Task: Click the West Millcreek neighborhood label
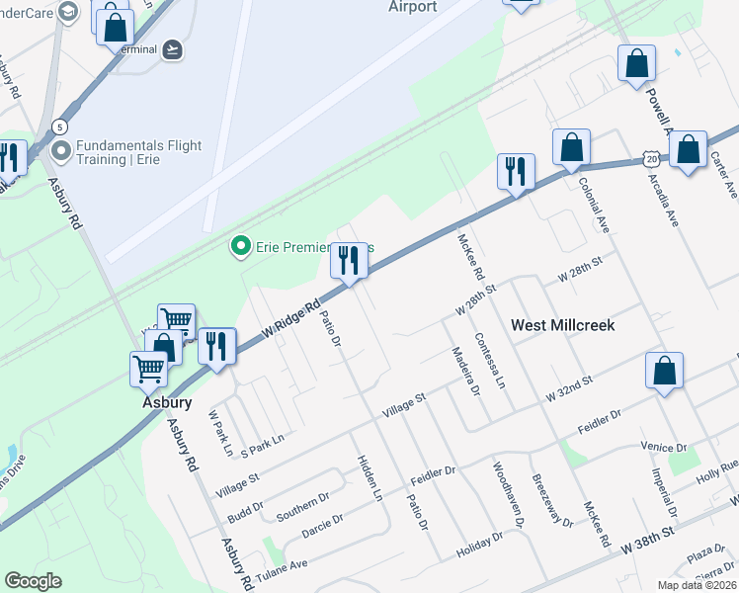pos(562,325)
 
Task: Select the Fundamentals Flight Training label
pos(139,152)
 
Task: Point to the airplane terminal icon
pos(174,49)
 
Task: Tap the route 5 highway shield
pos(60,127)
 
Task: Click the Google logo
pos(34,581)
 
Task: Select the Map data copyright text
pos(697,585)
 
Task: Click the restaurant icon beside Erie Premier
pos(347,261)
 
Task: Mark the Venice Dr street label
pos(663,447)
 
